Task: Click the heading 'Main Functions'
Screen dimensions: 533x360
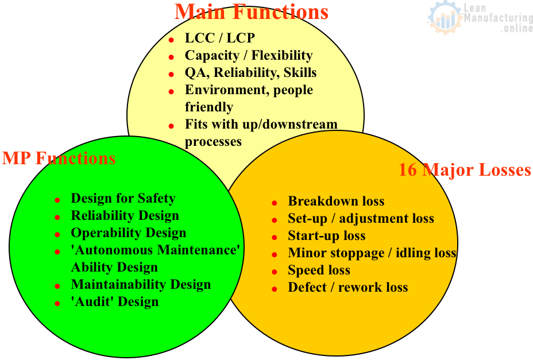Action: (251, 12)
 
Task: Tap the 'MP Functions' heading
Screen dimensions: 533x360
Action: (59, 158)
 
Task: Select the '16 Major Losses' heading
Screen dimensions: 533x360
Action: (464, 170)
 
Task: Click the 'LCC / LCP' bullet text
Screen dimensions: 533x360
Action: (219, 38)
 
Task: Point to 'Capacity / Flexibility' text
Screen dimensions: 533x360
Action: (249, 56)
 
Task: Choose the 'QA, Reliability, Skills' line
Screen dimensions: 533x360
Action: (250, 73)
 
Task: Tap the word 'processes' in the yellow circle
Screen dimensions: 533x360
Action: (213, 142)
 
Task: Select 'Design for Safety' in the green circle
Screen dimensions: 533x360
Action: (123, 198)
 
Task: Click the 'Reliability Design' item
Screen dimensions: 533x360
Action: (125, 215)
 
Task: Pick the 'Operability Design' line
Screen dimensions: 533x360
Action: (129, 233)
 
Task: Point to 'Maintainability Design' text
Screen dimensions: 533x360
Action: (141, 285)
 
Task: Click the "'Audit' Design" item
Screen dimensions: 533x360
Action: (114, 302)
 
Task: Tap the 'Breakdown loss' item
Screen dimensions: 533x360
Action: (336, 202)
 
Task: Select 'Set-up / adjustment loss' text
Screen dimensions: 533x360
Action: (361, 219)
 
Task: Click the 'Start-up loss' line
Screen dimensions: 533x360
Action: (327, 236)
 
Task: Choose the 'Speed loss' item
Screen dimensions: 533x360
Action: (319, 270)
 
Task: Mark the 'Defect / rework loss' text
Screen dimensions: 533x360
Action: (347, 288)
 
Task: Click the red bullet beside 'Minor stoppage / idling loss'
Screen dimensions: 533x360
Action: (275, 254)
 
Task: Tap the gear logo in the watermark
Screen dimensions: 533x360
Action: (445, 18)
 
